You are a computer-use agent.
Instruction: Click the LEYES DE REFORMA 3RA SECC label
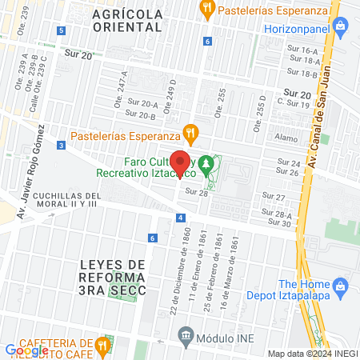pyautogui.click(x=114, y=278)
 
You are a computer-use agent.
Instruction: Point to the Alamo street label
pyautogui.click(x=286, y=137)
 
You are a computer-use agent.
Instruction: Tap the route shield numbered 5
pyautogui.click(x=62, y=30)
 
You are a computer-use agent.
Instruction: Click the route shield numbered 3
pyautogui.click(x=62, y=145)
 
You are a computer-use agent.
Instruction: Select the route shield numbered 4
pyautogui.click(x=182, y=218)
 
